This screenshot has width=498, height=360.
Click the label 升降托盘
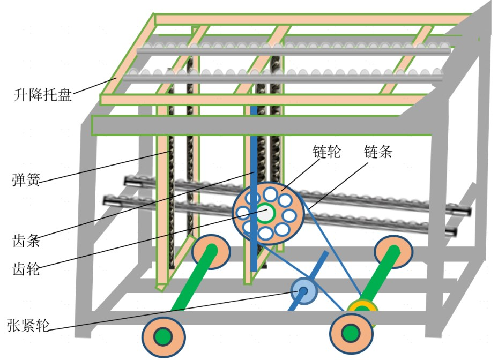[43, 96]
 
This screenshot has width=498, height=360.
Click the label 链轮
[328, 152]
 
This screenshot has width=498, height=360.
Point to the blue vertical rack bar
[254, 161]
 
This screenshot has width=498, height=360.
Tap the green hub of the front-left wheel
[163, 337]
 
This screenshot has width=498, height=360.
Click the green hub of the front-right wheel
[351, 333]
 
